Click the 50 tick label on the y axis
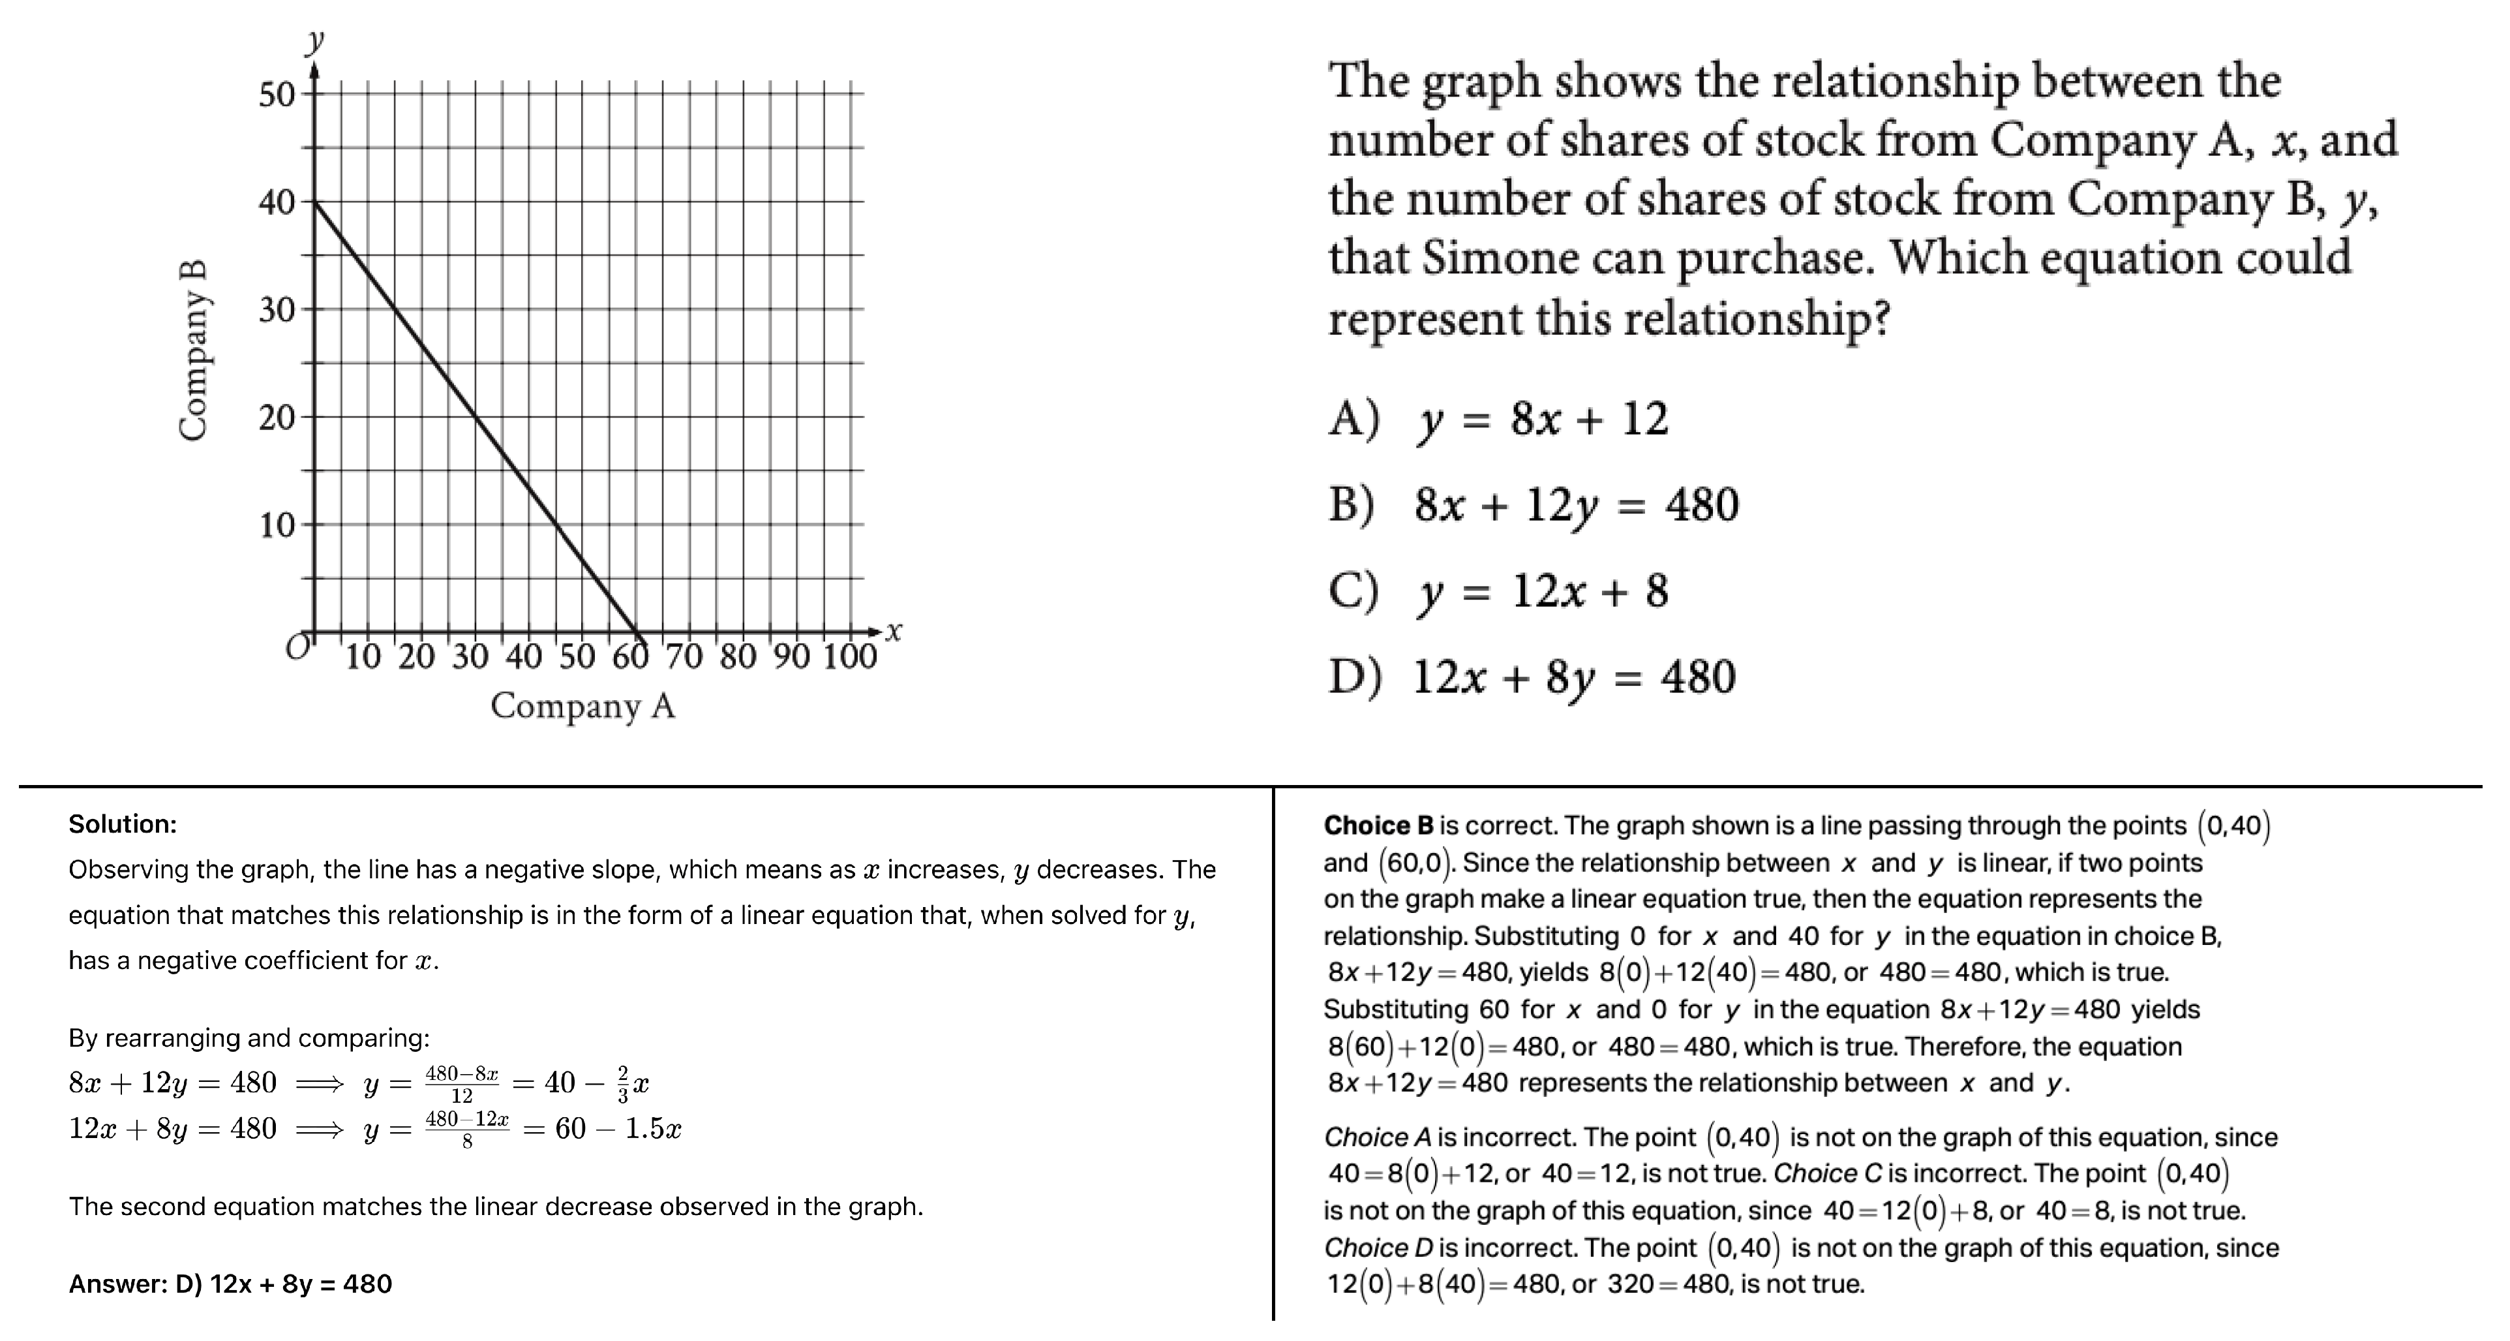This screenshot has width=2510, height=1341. click(x=276, y=95)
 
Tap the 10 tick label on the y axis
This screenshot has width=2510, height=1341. click(x=276, y=526)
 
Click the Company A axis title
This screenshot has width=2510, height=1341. click(x=582, y=705)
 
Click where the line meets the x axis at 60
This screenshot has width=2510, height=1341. click(x=636, y=632)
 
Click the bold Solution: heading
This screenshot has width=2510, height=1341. click(x=123, y=824)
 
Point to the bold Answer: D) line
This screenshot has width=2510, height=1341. click(x=230, y=1284)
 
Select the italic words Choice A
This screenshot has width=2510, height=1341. click(x=1377, y=1137)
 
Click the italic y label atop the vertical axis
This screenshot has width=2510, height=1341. click(x=314, y=41)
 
